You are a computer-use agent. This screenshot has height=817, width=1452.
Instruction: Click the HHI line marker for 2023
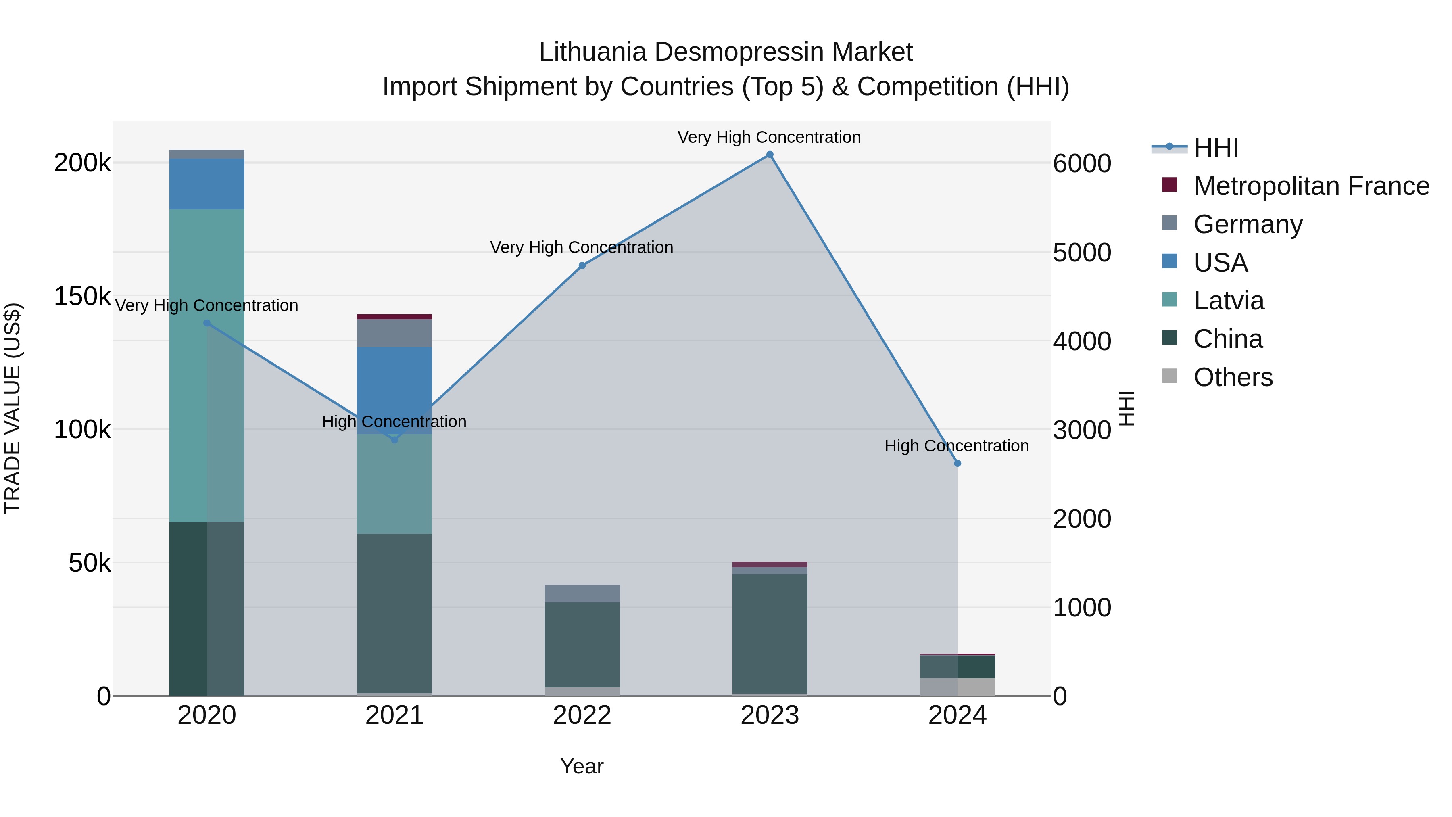[x=770, y=155]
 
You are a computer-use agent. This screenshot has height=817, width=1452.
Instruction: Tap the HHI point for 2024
[x=957, y=464]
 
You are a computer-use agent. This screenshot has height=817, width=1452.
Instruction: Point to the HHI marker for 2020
[x=207, y=323]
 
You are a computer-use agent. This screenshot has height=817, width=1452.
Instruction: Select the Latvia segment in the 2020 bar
[x=207, y=366]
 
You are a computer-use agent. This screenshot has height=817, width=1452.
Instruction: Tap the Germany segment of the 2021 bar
[x=394, y=333]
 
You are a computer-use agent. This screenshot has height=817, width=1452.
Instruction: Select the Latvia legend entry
[x=1229, y=301]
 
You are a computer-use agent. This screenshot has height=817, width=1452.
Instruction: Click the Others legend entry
[x=1233, y=377]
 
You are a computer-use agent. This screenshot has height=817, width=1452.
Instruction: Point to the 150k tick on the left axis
[x=82, y=296]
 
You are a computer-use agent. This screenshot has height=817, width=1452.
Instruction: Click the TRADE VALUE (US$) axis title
[x=13, y=408]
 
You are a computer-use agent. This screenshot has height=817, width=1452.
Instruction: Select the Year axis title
[x=582, y=766]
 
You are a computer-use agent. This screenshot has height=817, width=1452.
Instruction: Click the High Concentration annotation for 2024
[x=957, y=446]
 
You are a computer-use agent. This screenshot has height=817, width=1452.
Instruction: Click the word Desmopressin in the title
[x=739, y=52]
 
